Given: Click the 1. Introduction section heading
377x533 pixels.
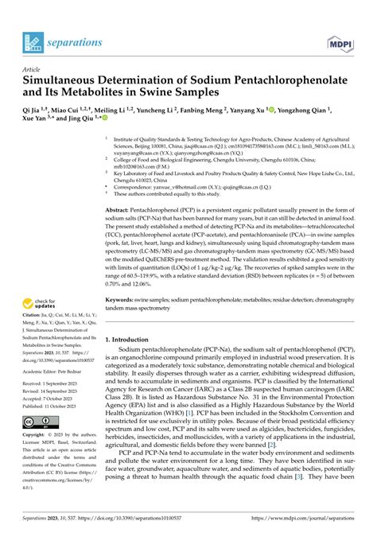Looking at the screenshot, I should coord(133,340).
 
